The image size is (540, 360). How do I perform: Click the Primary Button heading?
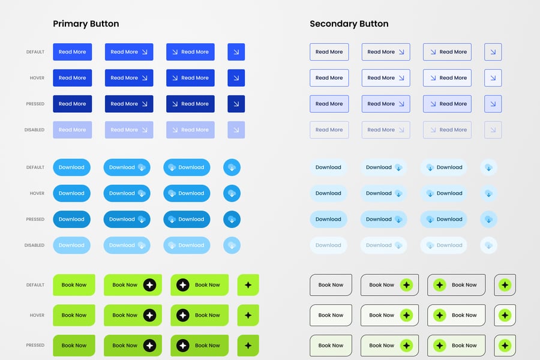click(86, 24)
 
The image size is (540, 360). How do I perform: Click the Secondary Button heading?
click(349, 24)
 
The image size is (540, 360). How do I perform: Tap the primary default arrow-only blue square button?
click(236, 52)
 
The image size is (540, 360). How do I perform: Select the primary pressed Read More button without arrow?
click(72, 104)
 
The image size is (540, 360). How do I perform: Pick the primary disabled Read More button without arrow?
click(72, 130)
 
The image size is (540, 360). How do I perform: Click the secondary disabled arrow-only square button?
click(493, 130)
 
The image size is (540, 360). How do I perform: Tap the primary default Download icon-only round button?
click(232, 167)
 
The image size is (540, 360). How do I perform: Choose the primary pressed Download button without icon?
click(71, 219)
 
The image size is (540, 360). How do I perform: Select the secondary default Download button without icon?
click(328, 167)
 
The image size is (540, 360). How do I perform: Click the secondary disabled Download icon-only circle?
click(488, 245)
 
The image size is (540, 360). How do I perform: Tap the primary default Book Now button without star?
click(74, 285)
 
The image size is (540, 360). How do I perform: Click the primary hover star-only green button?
click(248, 315)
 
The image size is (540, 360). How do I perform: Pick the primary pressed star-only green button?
click(248, 345)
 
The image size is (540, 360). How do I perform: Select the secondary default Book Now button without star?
click(331, 285)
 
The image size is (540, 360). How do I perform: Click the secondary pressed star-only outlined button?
click(505, 345)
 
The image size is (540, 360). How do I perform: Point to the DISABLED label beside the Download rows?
click(35, 245)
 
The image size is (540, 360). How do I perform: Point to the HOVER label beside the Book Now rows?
click(37, 315)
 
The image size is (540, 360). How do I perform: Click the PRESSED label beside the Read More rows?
click(35, 104)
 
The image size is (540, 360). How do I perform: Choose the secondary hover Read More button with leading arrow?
click(447, 78)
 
